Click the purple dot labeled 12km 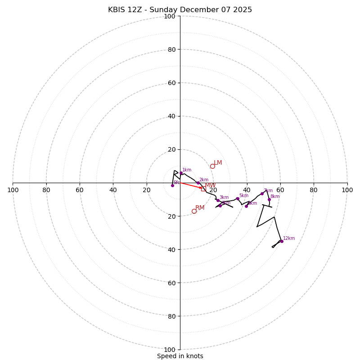282,241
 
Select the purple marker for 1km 181,173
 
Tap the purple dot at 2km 198,183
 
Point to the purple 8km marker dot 269,199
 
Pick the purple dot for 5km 238,198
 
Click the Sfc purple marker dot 172,185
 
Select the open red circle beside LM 212,166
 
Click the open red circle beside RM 194,211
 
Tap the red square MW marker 203,189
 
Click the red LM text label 218,163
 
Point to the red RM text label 200,208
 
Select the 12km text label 289,238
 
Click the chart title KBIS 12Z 180,10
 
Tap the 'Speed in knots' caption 180,356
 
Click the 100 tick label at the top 170,17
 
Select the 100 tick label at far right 347,190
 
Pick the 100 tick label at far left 13,190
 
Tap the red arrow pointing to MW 191,185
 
